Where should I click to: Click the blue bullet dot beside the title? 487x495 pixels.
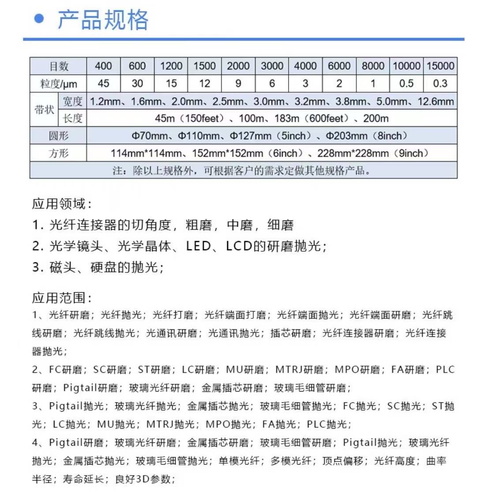click(x=40, y=19)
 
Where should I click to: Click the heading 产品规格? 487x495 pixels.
click(x=103, y=19)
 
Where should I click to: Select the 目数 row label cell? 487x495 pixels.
click(x=59, y=66)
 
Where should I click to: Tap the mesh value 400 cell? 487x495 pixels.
click(x=103, y=66)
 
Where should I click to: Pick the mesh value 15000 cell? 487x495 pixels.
click(x=440, y=66)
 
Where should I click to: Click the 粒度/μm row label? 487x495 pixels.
click(x=59, y=83)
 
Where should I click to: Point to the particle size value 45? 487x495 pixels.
click(x=103, y=83)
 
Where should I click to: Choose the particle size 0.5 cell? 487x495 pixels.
click(x=406, y=83)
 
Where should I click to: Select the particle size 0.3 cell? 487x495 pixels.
click(x=440, y=83)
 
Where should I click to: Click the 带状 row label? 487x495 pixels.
click(x=45, y=110)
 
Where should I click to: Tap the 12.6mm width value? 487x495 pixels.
click(x=436, y=102)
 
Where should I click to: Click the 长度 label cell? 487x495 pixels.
click(x=73, y=118)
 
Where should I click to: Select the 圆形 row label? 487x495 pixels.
click(x=59, y=136)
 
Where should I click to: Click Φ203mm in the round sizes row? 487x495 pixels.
click(x=346, y=136)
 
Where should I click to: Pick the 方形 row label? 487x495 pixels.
click(x=59, y=153)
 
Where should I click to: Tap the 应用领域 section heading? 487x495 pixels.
click(x=62, y=204)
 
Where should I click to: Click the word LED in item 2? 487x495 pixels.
click(x=199, y=246)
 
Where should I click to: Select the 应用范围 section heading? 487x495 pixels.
click(x=62, y=298)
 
